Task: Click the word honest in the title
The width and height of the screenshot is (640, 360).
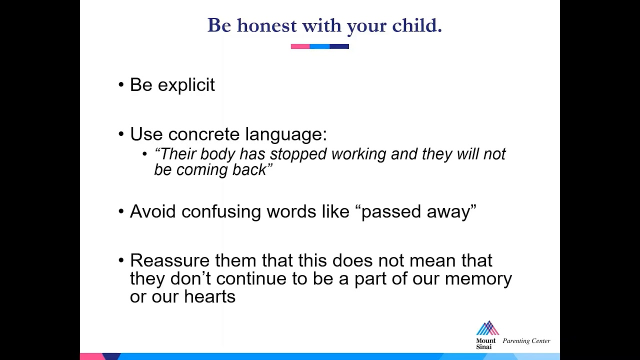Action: point(266,25)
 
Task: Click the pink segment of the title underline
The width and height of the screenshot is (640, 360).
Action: point(300,46)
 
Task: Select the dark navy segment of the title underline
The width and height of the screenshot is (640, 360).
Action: point(339,46)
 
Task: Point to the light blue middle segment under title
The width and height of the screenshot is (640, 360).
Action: point(319,46)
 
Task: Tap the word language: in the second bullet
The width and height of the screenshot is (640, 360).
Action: point(285,134)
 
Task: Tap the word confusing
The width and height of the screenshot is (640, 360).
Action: point(221,212)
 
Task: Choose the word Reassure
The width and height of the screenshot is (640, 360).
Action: point(169,260)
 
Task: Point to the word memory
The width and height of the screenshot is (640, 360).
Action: point(478,278)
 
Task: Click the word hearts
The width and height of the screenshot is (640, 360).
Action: point(209,296)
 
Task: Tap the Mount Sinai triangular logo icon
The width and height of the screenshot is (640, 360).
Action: point(487,328)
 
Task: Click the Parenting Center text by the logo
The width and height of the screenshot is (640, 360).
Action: point(526,341)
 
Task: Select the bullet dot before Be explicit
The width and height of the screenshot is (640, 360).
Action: point(121,85)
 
